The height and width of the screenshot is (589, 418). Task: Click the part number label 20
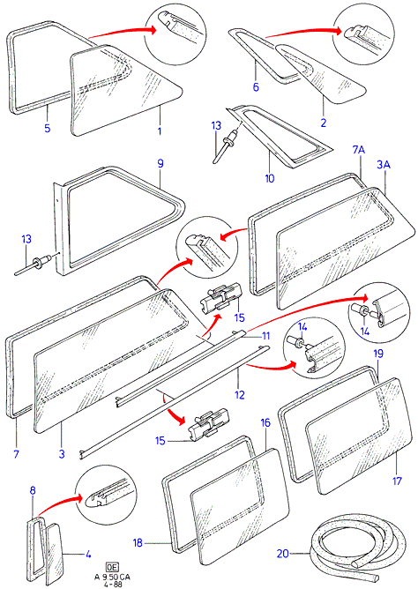click(x=283, y=554)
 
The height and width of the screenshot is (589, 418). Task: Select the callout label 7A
click(x=359, y=150)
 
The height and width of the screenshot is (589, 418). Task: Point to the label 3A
click(x=384, y=165)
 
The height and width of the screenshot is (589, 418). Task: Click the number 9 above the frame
click(x=160, y=163)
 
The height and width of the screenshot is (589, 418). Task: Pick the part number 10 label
click(x=269, y=178)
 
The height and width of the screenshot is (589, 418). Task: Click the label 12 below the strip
click(x=239, y=394)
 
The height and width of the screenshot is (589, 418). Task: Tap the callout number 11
click(x=266, y=335)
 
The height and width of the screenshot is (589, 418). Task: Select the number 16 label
click(x=265, y=422)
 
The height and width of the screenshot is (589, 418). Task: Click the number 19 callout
click(x=378, y=354)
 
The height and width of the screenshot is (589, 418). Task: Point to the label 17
click(x=397, y=481)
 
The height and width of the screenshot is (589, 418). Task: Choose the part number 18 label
click(x=138, y=542)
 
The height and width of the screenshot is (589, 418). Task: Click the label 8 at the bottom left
click(x=33, y=490)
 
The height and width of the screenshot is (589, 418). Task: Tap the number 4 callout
click(x=88, y=554)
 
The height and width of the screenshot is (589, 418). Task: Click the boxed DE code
click(x=111, y=567)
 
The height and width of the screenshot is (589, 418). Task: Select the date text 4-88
click(x=112, y=585)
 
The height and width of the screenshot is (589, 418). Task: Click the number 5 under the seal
click(x=48, y=128)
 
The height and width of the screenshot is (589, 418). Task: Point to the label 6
click(x=256, y=86)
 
